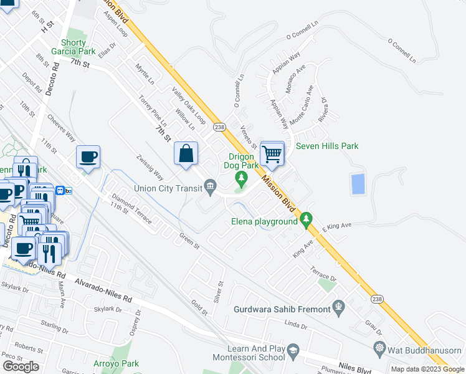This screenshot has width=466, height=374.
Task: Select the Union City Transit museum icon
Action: coord(211,185)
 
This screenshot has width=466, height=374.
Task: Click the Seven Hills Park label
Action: coord(327,146)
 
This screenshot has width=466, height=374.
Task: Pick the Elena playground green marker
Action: coord(305,219)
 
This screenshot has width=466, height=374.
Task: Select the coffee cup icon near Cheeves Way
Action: coord(88,157)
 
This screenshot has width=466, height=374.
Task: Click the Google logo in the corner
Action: coord(21,366)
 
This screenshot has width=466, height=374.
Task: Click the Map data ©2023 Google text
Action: coord(427,370)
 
